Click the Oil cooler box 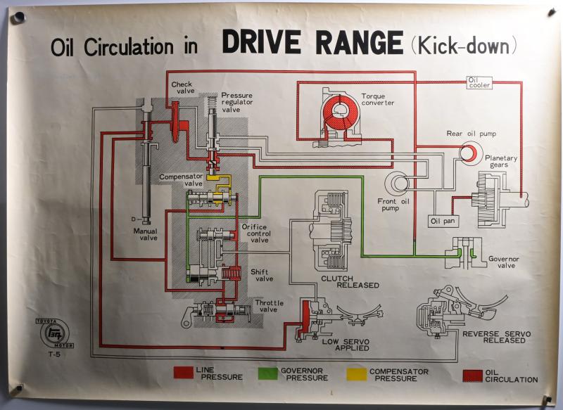click(479, 83)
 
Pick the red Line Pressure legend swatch click(184, 372)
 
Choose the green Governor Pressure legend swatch click(268, 372)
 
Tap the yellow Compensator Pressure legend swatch click(357, 372)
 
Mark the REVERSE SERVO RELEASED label click(497, 336)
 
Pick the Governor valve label click(503, 262)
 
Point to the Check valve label click(182, 88)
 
